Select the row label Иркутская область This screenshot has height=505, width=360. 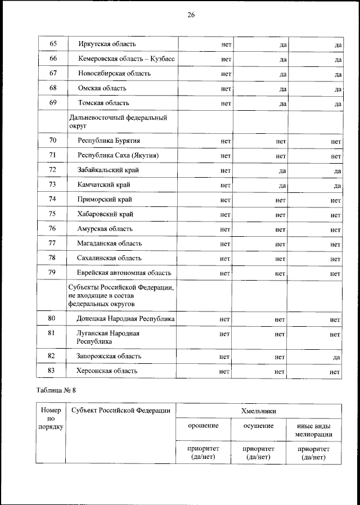click(107, 44)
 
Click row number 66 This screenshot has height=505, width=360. click(53, 58)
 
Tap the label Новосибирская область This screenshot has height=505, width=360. click(110, 73)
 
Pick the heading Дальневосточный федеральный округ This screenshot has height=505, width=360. click(118, 121)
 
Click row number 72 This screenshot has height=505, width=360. click(53, 170)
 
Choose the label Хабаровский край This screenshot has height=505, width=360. click(106, 214)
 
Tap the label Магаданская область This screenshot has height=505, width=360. click(110, 244)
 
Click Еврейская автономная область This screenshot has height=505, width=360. click(124, 273)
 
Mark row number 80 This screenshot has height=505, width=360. click(53, 319)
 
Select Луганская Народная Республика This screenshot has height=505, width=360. click(109, 337)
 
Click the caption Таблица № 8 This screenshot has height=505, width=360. click(59, 391)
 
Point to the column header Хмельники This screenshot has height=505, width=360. click(259, 411)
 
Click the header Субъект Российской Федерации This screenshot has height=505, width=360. click(121, 411)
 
